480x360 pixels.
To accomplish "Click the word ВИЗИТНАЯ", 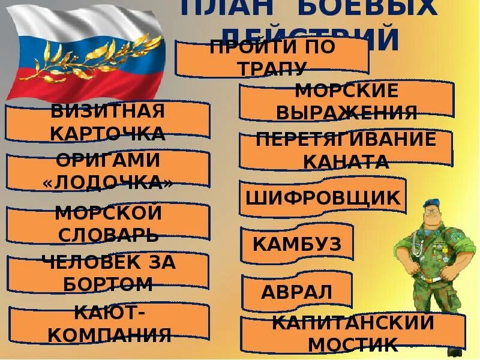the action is click(108, 111).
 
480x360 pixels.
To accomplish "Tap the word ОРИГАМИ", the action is click(108, 160).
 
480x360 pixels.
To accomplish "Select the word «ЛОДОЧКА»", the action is click(108, 183).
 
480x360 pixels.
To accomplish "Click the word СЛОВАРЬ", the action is click(108, 234).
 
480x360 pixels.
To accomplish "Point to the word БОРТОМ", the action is click(108, 283).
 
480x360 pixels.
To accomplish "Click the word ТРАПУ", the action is click(272, 68).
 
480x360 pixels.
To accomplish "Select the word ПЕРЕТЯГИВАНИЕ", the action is click(346, 139).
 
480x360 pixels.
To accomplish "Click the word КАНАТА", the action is click(346, 161).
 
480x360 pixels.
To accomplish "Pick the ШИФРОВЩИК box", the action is click(323, 197).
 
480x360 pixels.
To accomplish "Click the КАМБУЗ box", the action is click(296, 244).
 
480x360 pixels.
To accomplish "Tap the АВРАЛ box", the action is click(296, 292).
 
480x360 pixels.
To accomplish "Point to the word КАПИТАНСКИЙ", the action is click(353, 322).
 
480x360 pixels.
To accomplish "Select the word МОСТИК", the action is click(353, 344).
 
